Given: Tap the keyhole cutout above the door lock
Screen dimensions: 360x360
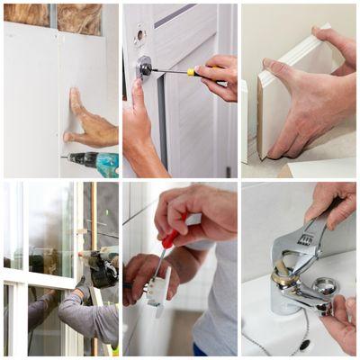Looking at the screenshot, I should click(x=139, y=36).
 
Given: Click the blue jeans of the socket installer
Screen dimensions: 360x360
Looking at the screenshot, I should click(x=199, y=350).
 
